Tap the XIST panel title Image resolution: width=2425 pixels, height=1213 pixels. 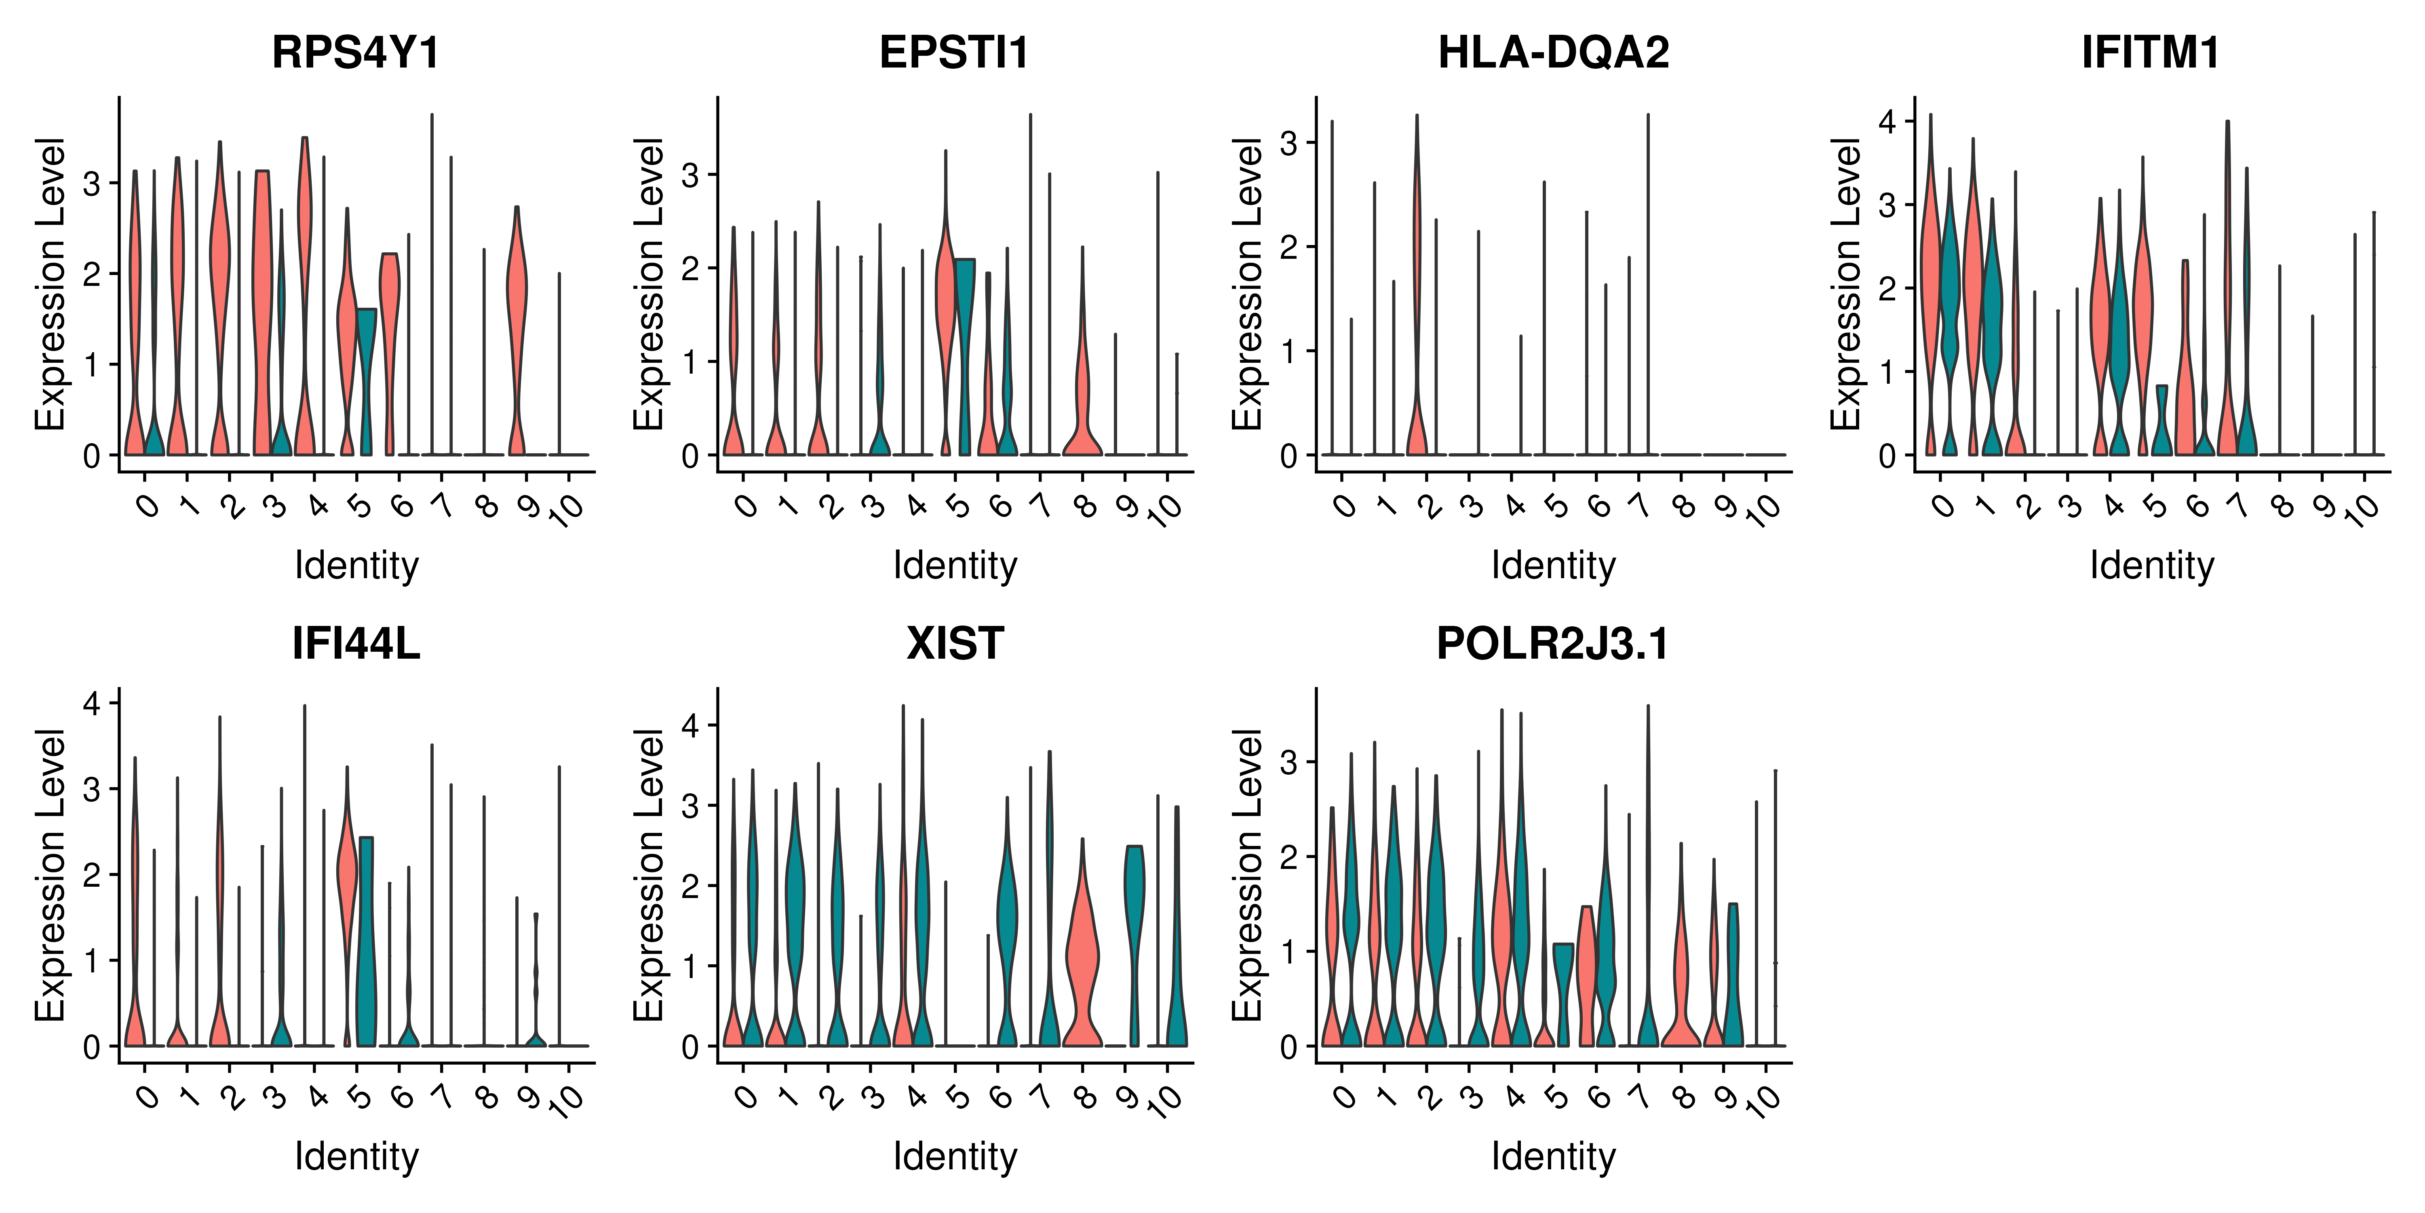point(955,644)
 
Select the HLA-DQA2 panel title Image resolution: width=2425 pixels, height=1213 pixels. point(1553,53)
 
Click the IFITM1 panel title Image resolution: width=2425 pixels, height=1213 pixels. point(2151,53)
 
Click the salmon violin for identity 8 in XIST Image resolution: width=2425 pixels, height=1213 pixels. point(1083,961)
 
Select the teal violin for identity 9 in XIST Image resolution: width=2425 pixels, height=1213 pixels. point(1134,895)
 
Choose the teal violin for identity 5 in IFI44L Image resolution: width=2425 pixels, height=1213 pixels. point(365,942)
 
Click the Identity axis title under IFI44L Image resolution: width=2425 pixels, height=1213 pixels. point(356,1156)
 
